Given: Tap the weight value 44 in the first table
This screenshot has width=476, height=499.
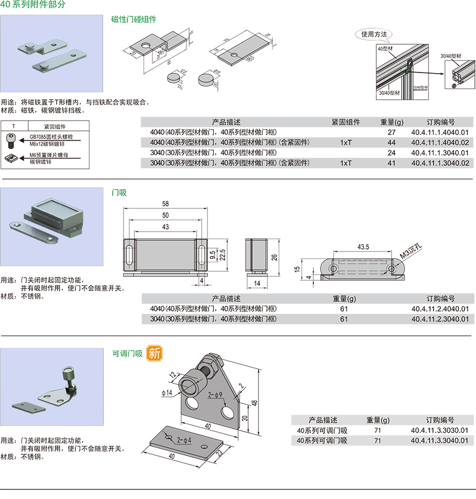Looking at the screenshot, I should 391,142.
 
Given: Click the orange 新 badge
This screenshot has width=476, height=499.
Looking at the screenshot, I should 154,353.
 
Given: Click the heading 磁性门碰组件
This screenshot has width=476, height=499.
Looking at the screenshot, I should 134,19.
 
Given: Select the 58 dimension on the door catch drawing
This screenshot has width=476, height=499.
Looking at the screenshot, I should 165,203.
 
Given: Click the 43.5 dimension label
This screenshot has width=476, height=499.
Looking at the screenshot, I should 363,247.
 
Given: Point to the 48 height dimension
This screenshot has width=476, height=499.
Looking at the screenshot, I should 256,403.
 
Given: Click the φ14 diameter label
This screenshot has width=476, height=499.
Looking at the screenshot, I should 167,393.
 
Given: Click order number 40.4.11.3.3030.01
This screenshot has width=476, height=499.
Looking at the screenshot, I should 440,430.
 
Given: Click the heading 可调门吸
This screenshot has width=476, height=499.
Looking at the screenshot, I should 127,353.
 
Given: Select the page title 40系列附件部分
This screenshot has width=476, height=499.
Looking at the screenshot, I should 33,5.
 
